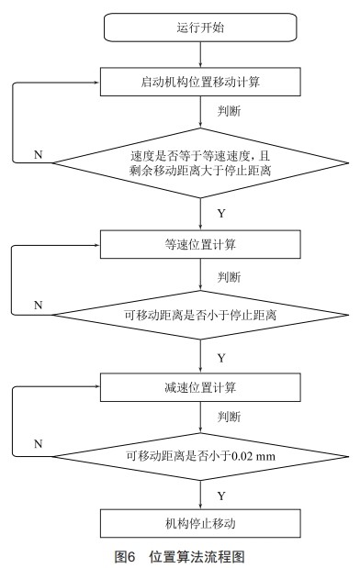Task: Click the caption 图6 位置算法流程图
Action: click(x=179, y=556)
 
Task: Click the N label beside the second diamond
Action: click(x=38, y=304)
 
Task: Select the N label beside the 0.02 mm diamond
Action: click(x=38, y=443)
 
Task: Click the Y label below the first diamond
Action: click(x=220, y=212)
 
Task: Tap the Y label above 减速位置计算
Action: click(x=220, y=357)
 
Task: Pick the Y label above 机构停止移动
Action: click(x=220, y=495)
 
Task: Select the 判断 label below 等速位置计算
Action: click(x=230, y=276)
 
